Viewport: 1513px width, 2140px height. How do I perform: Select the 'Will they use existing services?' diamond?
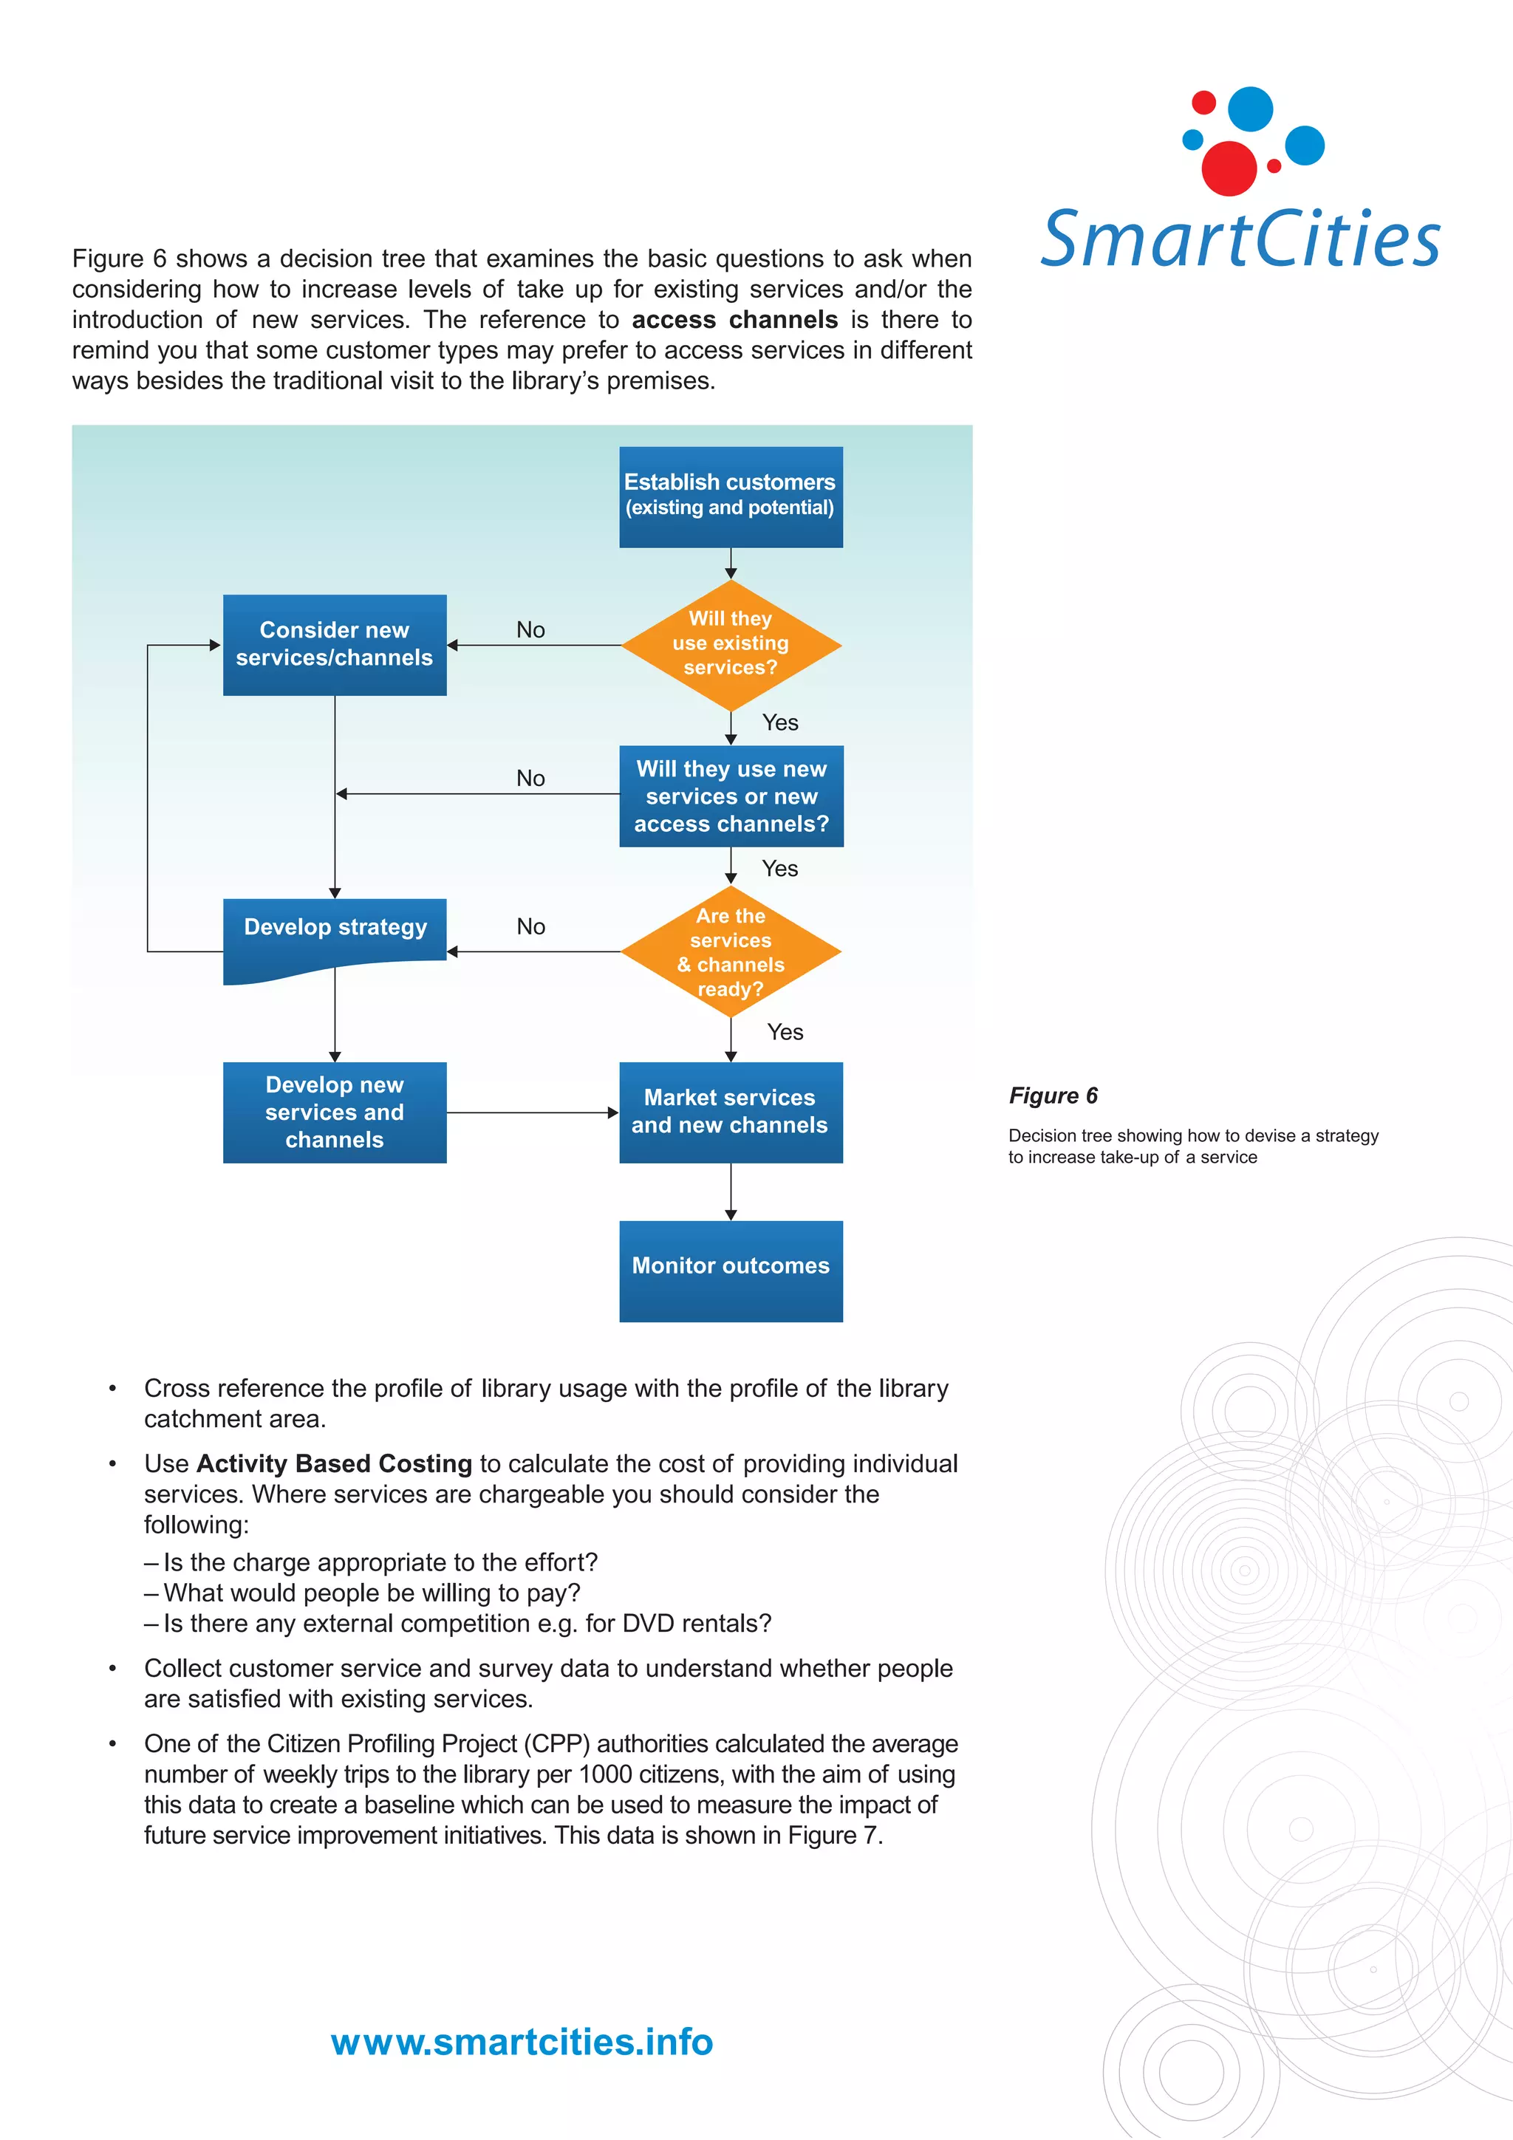[730, 644]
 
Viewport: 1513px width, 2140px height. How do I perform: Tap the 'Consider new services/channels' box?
[334, 644]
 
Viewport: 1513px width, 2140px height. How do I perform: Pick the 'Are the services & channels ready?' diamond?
[730, 951]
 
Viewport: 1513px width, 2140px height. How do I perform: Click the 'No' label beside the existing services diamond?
[530, 630]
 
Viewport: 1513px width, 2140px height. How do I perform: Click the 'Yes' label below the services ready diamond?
[785, 1032]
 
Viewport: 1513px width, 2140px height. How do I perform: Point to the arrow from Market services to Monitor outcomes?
[730, 1192]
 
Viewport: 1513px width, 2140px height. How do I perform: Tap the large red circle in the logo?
[1228, 168]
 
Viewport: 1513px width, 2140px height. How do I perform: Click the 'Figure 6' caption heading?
[1053, 1095]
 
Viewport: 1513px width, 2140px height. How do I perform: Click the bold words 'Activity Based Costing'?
[334, 1463]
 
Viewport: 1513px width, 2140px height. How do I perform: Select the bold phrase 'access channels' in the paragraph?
[734, 320]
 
